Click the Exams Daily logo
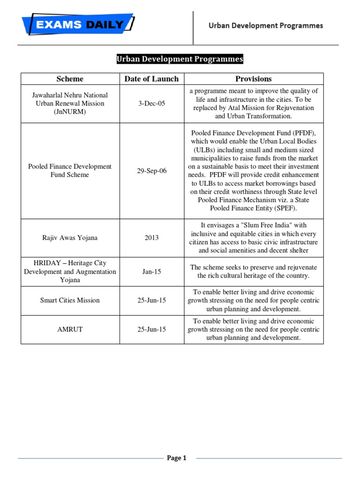tap(78, 24)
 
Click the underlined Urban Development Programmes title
tap(180, 59)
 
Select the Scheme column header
tap(70, 79)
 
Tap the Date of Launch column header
tap(151, 79)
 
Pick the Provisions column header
tap(254, 79)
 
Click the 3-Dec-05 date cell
tap(151, 104)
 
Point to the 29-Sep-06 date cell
tap(151, 171)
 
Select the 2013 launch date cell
tap(151, 238)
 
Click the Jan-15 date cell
tap(151, 271)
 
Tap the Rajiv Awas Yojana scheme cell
tap(70, 238)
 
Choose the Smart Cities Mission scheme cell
tap(70, 300)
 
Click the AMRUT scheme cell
tap(70, 330)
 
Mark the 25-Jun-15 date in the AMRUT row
tap(151, 330)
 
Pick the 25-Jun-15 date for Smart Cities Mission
tap(151, 300)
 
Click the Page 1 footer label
tap(177, 458)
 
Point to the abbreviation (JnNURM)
tap(70, 112)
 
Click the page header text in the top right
tap(266, 25)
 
